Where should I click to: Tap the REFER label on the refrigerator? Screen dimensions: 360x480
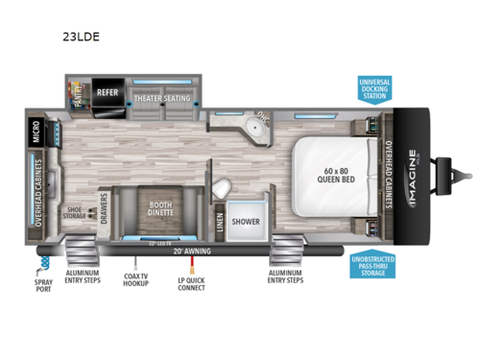pos(107,92)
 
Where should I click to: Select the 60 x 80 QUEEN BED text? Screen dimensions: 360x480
pos(331,176)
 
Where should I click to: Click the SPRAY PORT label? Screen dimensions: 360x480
pos(41,286)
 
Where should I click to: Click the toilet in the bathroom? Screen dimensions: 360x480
pos(221,185)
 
